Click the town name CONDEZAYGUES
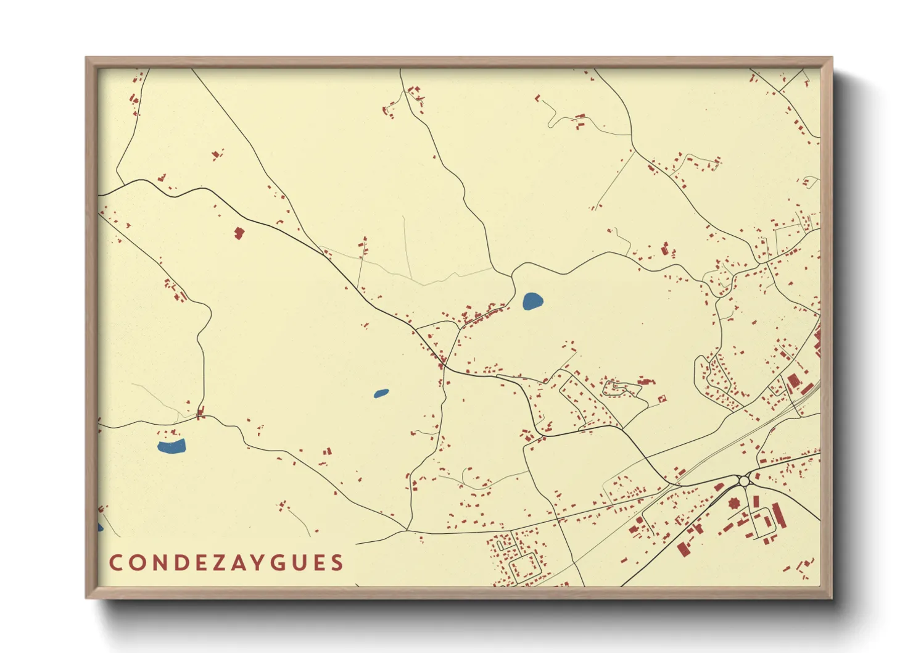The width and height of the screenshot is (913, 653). pyautogui.click(x=226, y=563)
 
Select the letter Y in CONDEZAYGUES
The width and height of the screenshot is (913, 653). pyautogui.click(x=259, y=563)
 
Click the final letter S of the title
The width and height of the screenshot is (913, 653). pyautogui.click(x=337, y=563)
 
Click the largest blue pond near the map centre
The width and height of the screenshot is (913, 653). pyautogui.click(x=532, y=301)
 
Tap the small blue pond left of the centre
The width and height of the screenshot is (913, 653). pyautogui.click(x=381, y=393)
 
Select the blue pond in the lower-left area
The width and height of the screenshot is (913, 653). pyautogui.click(x=171, y=446)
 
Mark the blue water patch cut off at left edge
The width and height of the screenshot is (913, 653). pyautogui.click(x=100, y=527)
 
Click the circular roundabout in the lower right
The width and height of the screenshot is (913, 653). pyautogui.click(x=744, y=480)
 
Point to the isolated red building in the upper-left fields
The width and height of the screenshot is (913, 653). pyautogui.click(x=239, y=233)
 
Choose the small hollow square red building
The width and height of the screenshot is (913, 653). pyautogui.click(x=663, y=399)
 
